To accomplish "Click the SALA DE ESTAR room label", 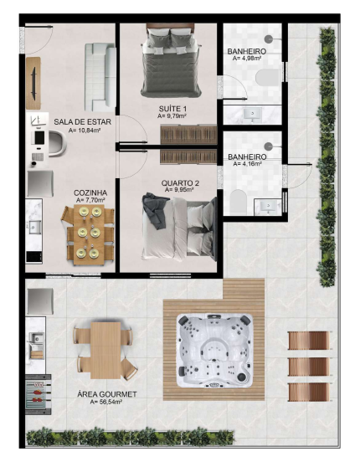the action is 82,122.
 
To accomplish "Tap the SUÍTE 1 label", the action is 172,109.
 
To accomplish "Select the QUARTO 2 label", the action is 180,183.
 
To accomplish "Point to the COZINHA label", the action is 90,193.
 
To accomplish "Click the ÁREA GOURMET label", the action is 107,394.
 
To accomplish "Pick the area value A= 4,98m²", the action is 247,58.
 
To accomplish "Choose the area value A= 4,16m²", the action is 247,163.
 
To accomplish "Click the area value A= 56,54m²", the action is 105,402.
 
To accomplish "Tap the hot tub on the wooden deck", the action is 214,351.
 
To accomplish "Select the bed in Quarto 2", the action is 180,227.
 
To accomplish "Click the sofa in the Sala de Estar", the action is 100,77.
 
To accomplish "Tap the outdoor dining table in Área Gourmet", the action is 105,350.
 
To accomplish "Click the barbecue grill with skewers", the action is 38,394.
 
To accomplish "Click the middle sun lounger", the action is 309,367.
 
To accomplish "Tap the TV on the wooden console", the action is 33,84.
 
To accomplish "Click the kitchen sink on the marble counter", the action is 35,228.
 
